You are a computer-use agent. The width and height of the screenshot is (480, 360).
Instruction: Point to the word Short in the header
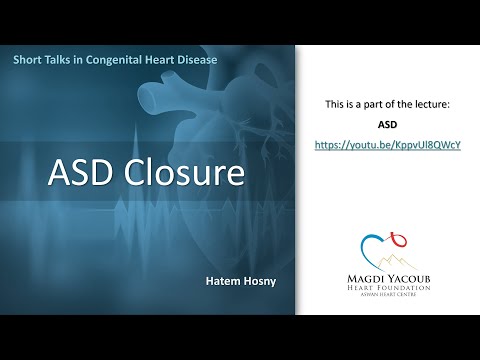click(30, 61)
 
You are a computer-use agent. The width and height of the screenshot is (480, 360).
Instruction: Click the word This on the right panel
click(338, 104)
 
